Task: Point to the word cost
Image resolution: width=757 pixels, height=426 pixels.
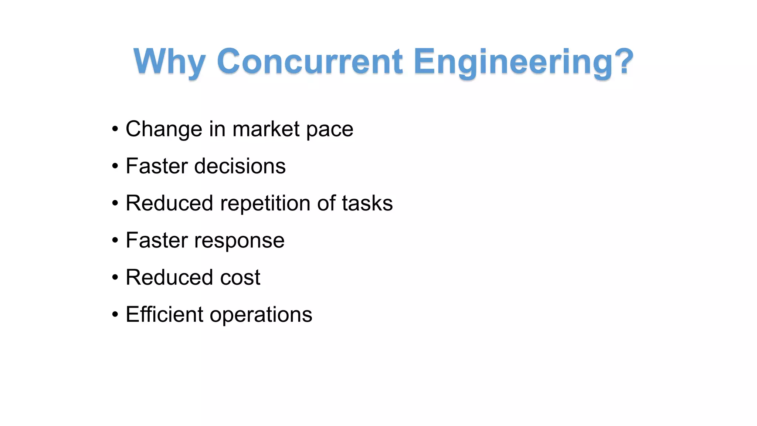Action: pyautogui.click(x=240, y=278)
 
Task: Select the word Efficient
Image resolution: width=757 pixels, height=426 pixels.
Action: pyautogui.click(x=164, y=314)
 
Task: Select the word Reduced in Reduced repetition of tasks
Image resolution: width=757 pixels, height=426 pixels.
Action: pyautogui.click(x=169, y=203)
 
